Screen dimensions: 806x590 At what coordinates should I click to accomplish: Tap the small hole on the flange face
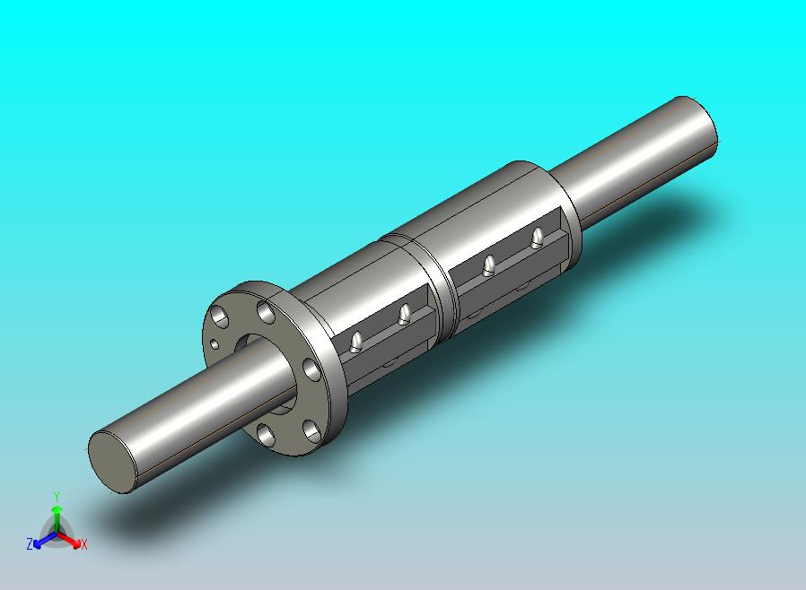pyautogui.click(x=215, y=343)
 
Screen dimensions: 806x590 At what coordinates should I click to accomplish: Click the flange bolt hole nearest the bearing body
pyautogui.click(x=267, y=312)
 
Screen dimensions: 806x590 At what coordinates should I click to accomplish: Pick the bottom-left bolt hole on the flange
pyautogui.click(x=266, y=434)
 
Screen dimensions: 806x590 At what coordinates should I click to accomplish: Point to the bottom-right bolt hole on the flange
pyautogui.click(x=312, y=430)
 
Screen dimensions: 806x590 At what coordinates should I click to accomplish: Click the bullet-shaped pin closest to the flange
pyautogui.click(x=355, y=342)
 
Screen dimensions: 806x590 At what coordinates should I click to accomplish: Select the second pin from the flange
pyautogui.click(x=405, y=314)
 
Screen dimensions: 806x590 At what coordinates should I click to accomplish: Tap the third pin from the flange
pyautogui.click(x=489, y=265)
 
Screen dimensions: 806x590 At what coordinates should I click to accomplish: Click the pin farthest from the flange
pyautogui.click(x=537, y=238)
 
